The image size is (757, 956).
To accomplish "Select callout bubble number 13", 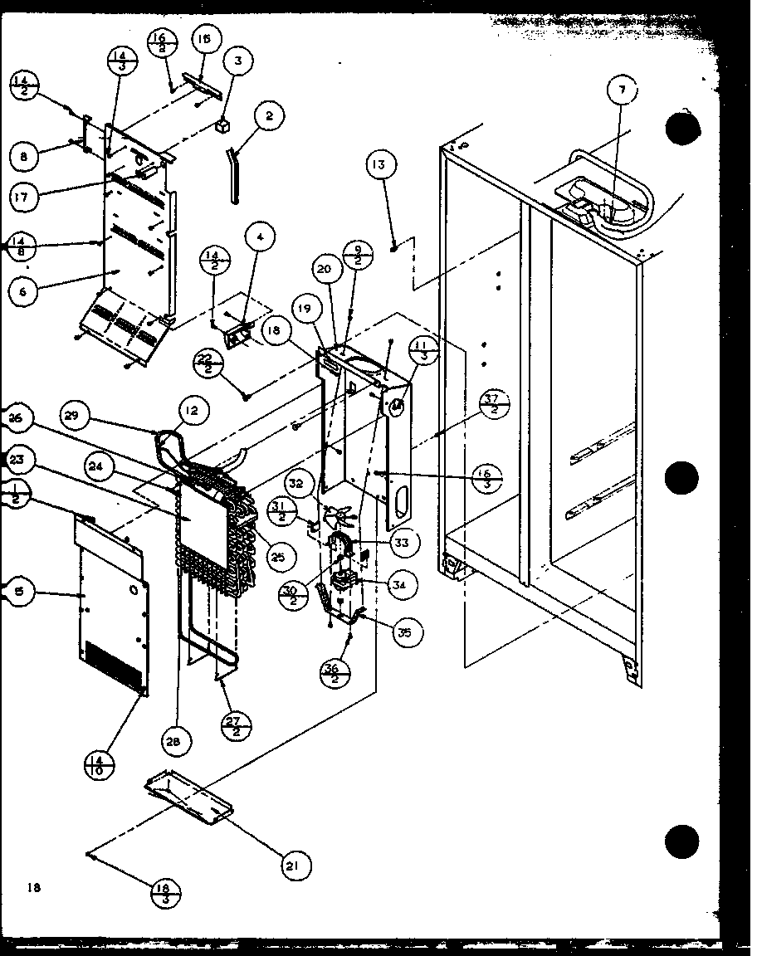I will coord(378,166).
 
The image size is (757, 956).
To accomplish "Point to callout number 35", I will coord(403,633).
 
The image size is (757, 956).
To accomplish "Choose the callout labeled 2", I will coord(268,117).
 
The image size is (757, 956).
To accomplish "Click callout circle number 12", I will coord(193,408).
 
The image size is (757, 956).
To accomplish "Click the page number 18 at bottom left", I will coord(32,888).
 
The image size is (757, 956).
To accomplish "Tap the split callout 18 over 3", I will coord(165,895).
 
